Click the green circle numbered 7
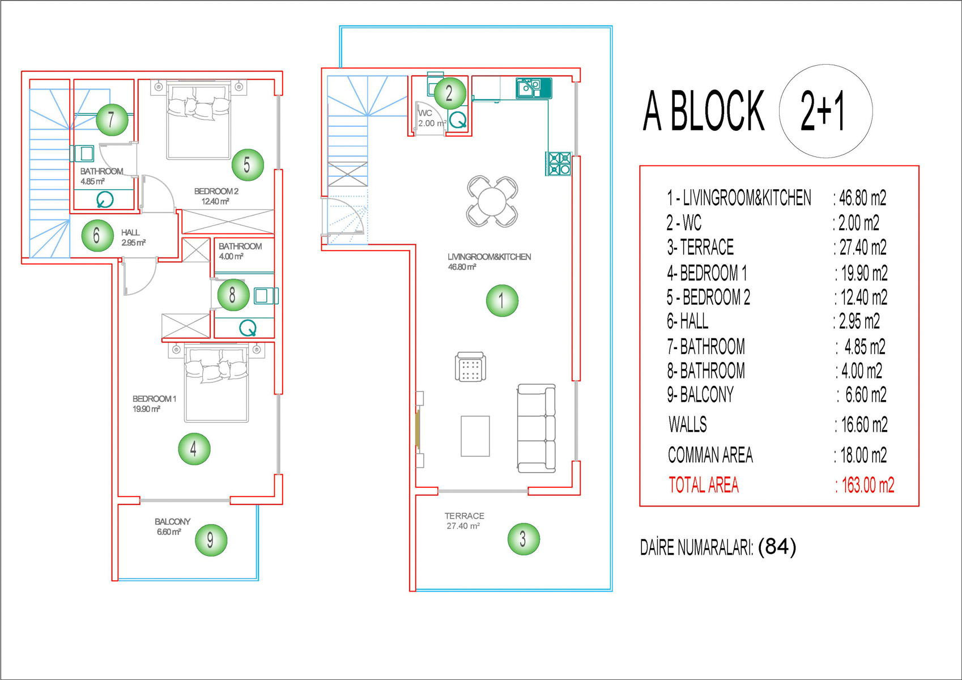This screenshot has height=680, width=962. click(112, 120)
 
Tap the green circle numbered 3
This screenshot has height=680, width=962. click(523, 539)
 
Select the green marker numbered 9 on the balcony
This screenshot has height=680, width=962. click(211, 540)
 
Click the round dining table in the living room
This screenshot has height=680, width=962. click(492, 202)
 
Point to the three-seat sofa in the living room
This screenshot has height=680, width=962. click(537, 428)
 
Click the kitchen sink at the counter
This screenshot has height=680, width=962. click(534, 88)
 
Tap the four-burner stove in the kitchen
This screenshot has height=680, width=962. click(559, 164)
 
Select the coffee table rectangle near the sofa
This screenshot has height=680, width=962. click(475, 436)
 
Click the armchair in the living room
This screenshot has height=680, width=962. click(470, 367)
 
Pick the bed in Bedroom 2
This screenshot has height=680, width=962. click(199, 120)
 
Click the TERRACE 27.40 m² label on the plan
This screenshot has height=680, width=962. click(464, 521)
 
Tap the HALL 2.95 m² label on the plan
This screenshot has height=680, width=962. click(133, 237)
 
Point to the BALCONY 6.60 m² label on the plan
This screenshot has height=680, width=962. click(172, 526)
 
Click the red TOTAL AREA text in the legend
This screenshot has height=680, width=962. click(704, 485)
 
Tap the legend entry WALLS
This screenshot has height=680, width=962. click(687, 424)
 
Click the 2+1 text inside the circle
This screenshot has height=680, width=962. click(823, 111)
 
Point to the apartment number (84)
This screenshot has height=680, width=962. click(777, 547)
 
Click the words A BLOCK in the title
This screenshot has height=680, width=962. click(704, 110)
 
